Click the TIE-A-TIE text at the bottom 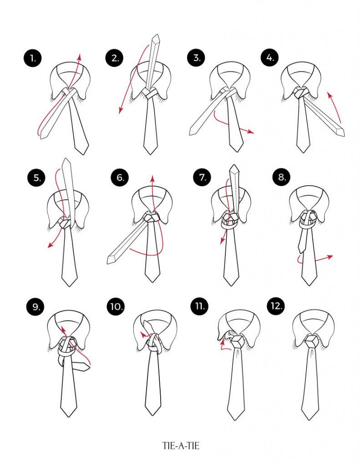(180, 446)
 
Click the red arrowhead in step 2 (119, 111)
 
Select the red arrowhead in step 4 (329, 94)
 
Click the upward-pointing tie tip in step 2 (156, 36)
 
